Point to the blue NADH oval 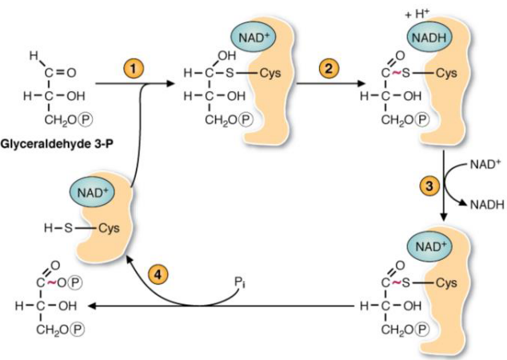[x=429, y=37]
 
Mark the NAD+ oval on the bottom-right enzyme [x=429, y=245]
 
